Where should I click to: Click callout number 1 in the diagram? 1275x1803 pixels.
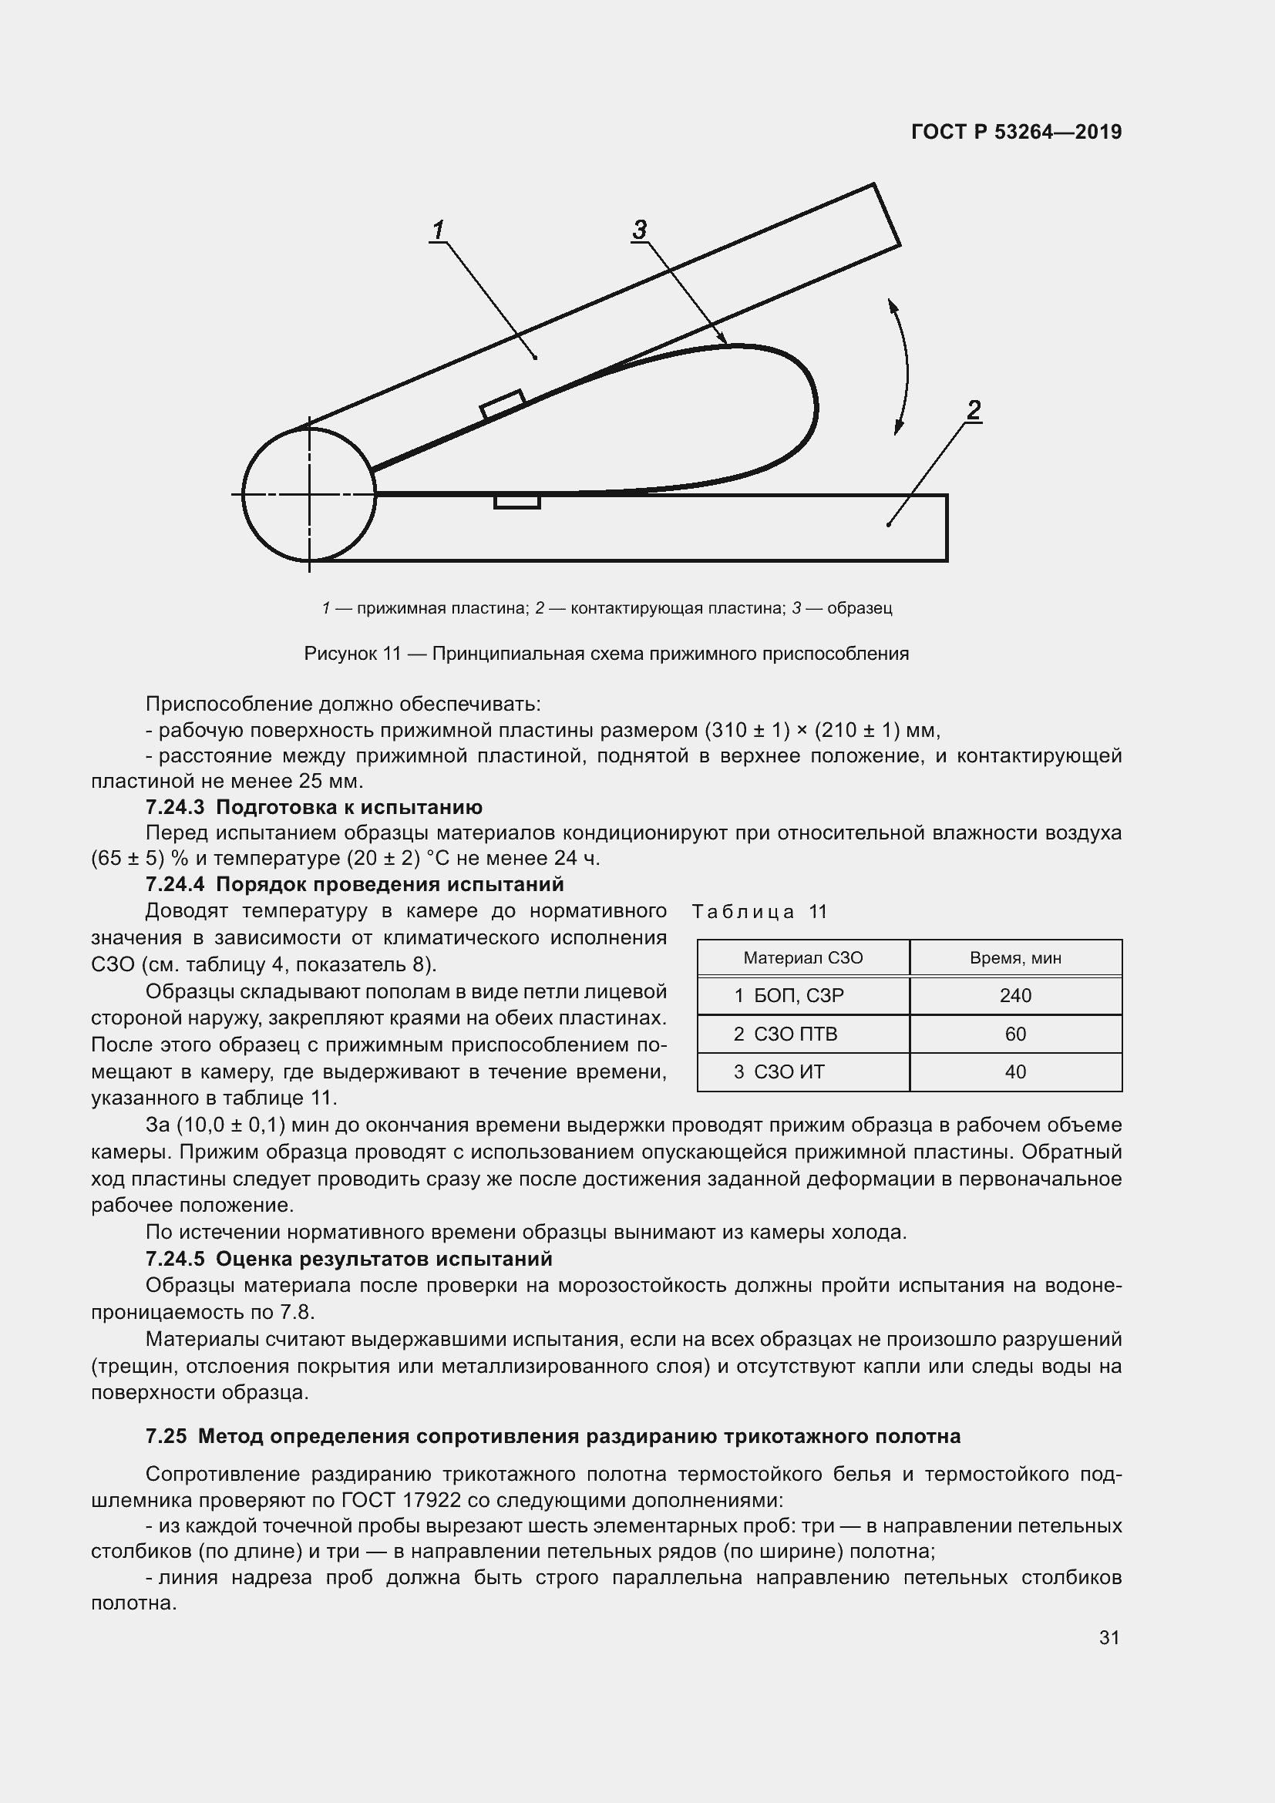(x=438, y=230)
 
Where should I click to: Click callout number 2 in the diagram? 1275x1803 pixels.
(x=974, y=410)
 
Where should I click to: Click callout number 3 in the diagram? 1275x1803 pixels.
(x=640, y=229)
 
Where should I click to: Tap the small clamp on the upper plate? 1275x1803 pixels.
(x=503, y=404)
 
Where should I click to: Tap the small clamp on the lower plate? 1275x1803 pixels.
(x=516, y=501)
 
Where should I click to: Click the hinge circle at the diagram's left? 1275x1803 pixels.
(x=309, y=494)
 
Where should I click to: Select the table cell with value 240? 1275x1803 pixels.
(x=1015, y=996)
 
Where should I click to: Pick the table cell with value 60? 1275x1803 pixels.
(x=1015, y=1034)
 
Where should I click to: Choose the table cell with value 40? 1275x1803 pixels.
(x=1015, y=1072)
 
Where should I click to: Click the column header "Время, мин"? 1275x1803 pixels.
(x=1015, y=958)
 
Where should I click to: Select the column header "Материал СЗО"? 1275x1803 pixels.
(x=802, y=958)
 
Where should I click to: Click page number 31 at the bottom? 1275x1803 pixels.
(x=1108, y=1637)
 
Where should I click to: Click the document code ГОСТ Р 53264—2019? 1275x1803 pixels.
(x=1017, y=132)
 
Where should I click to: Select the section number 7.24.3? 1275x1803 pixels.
(x=174, y=807)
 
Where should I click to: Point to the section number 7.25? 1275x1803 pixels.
(x=167, y=1436)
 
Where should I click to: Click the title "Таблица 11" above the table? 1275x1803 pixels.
(x=759, y=912)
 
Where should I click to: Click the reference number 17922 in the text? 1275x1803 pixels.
(x=430, y=1501)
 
